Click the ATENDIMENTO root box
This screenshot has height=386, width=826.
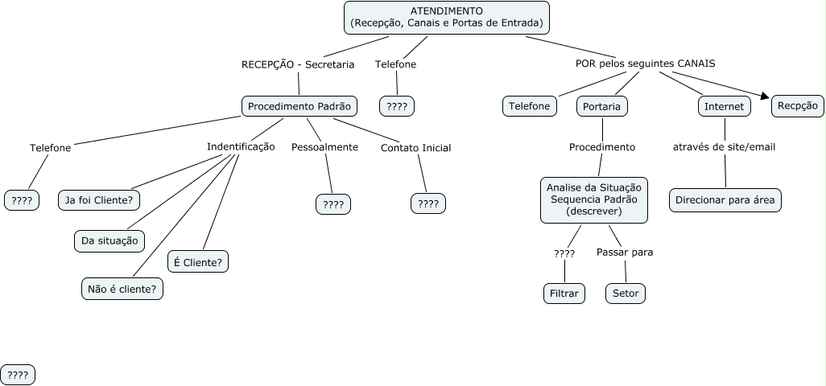pos(447,18)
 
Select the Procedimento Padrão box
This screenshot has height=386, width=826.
pos(299,106)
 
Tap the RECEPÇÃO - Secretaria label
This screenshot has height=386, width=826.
pos(297,64)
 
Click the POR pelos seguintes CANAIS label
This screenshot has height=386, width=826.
pos(645,64)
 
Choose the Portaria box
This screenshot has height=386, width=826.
pos(602,106)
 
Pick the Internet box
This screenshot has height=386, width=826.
pos(724,106)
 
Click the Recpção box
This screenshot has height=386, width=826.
pos(797,105)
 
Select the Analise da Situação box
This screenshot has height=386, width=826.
pos(593,199)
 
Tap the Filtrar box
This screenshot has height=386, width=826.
pos(564,294)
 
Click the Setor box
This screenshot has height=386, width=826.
pos(626,294)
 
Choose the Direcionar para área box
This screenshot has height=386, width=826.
pos(725,199)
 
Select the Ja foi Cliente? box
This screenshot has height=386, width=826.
pos(99,199)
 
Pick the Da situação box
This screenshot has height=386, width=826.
pos(109,240)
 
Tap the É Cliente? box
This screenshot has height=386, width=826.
pos(199,261)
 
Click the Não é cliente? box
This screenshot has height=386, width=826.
pos(122,288)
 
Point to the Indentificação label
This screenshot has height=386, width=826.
pos(241,147)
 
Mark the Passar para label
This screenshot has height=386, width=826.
pos(625,253)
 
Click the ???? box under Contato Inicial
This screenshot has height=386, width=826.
pos(428,204)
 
